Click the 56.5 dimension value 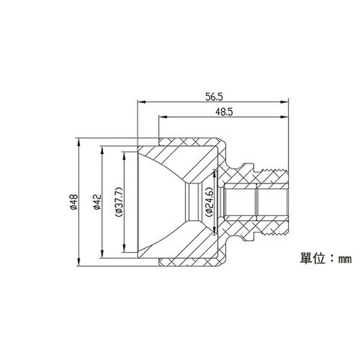pyautogui.click(x=214, y=97)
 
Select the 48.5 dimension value pyautogui.click(x=224, y=112)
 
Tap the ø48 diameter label pyautogui.click(x=74, y=202)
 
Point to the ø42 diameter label pyautogui.click(x=97, y=202)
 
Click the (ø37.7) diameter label pyautogui.click(x=119, y=202)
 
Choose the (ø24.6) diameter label pyautogui.click(x=210, y=202)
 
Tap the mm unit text pyautogui.click(x=345, y=259)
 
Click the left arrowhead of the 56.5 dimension pyautogui.click(x=141, y=102)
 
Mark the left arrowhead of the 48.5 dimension pyautogui.click(x=163, y=117)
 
